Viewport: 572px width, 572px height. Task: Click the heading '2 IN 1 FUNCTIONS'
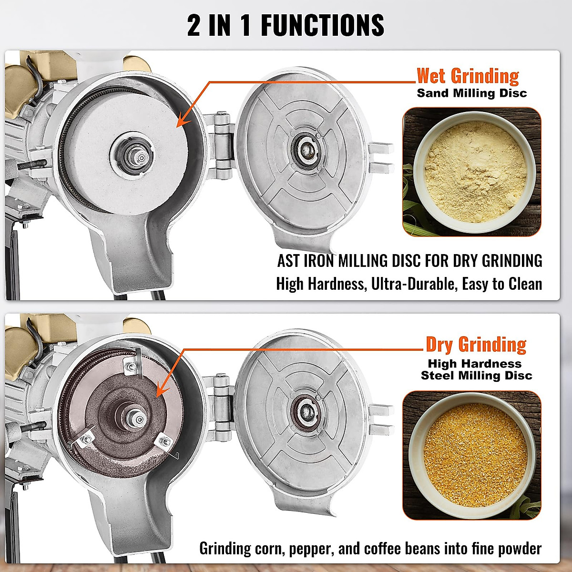point(286,25)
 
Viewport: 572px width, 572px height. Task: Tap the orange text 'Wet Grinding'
point(468,76)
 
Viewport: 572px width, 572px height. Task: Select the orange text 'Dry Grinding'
point(476,344)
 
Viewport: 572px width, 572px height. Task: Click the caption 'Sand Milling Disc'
point(472,93)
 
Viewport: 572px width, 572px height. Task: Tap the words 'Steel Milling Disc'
point(476,376)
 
